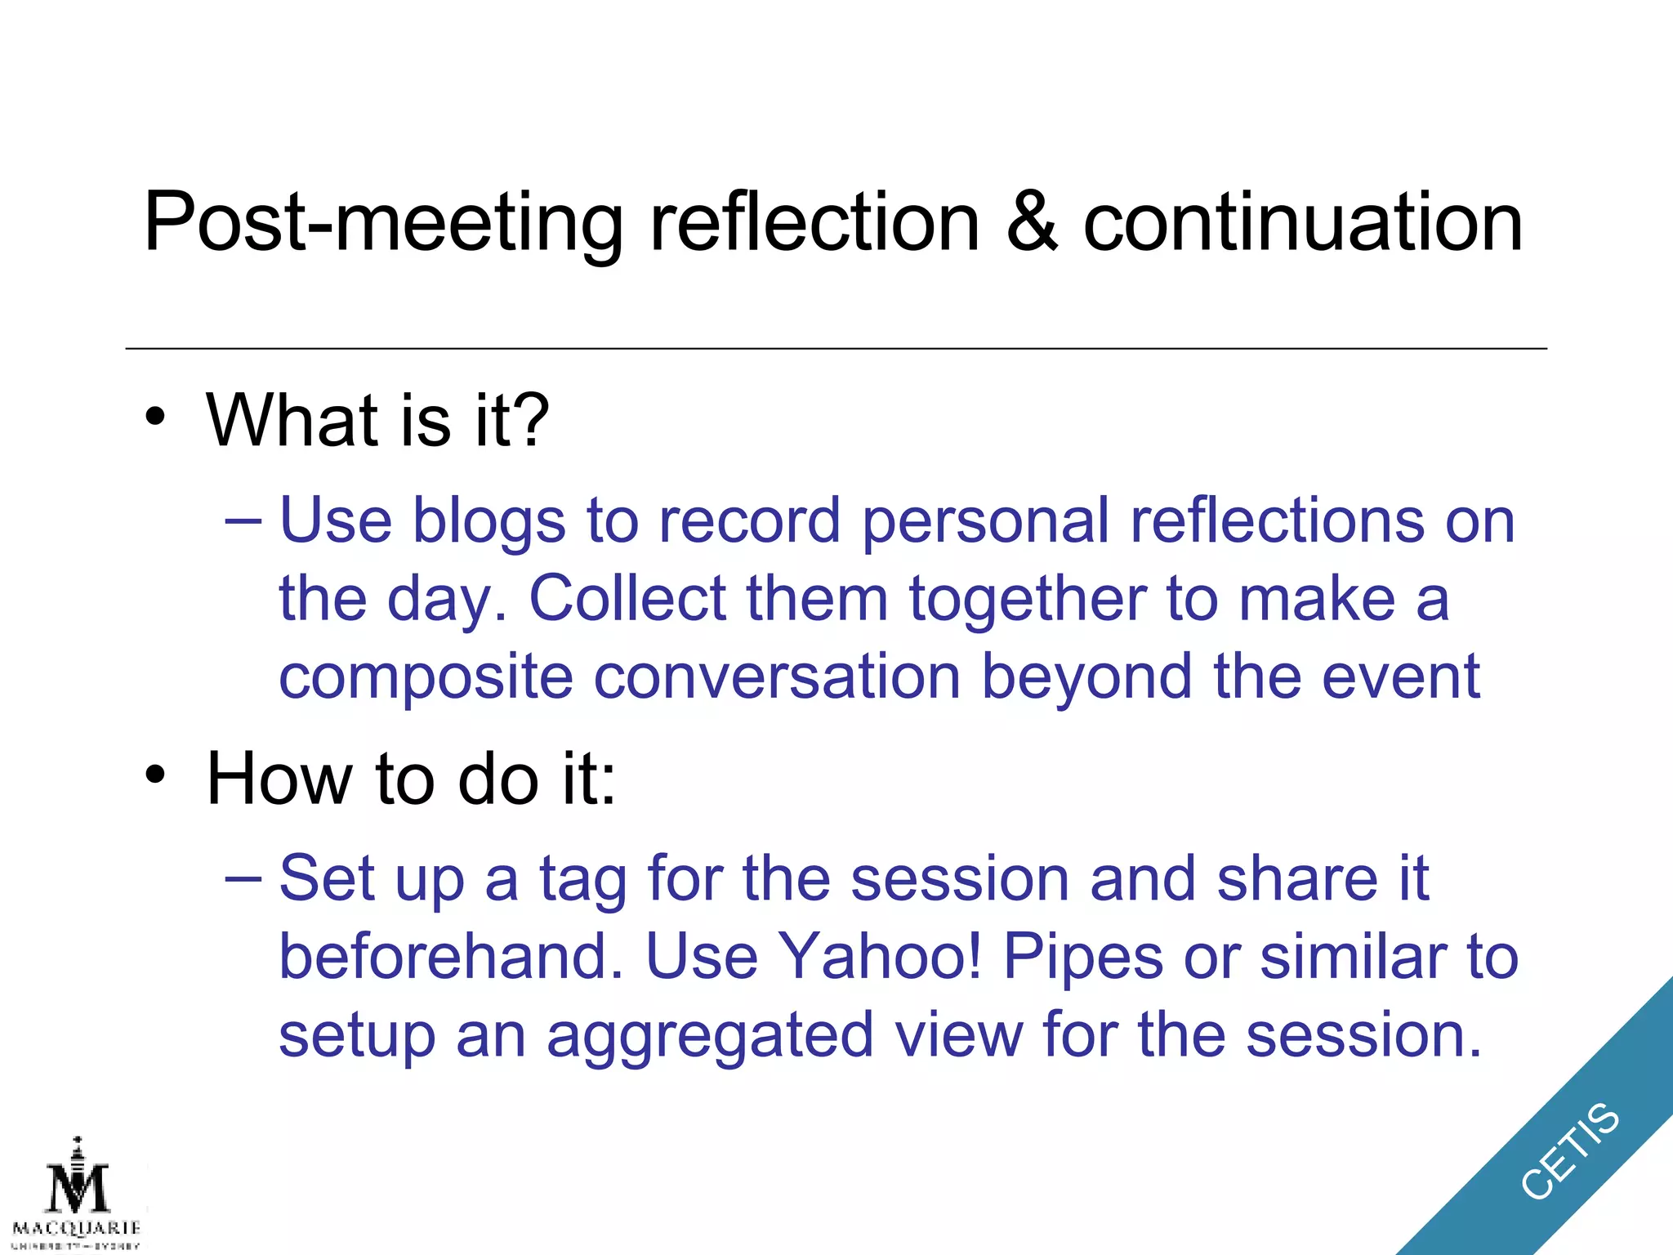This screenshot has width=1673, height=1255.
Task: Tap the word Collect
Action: pos(627,598)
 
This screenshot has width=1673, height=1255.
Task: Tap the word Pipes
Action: pos(1083,958)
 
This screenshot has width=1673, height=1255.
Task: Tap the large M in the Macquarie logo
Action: pos(78,1189)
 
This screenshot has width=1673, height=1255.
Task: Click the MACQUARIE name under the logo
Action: pos(77,1228)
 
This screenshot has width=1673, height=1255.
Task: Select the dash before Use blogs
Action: pos(243,521)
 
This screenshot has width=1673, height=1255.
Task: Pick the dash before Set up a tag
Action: pos(243,879)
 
